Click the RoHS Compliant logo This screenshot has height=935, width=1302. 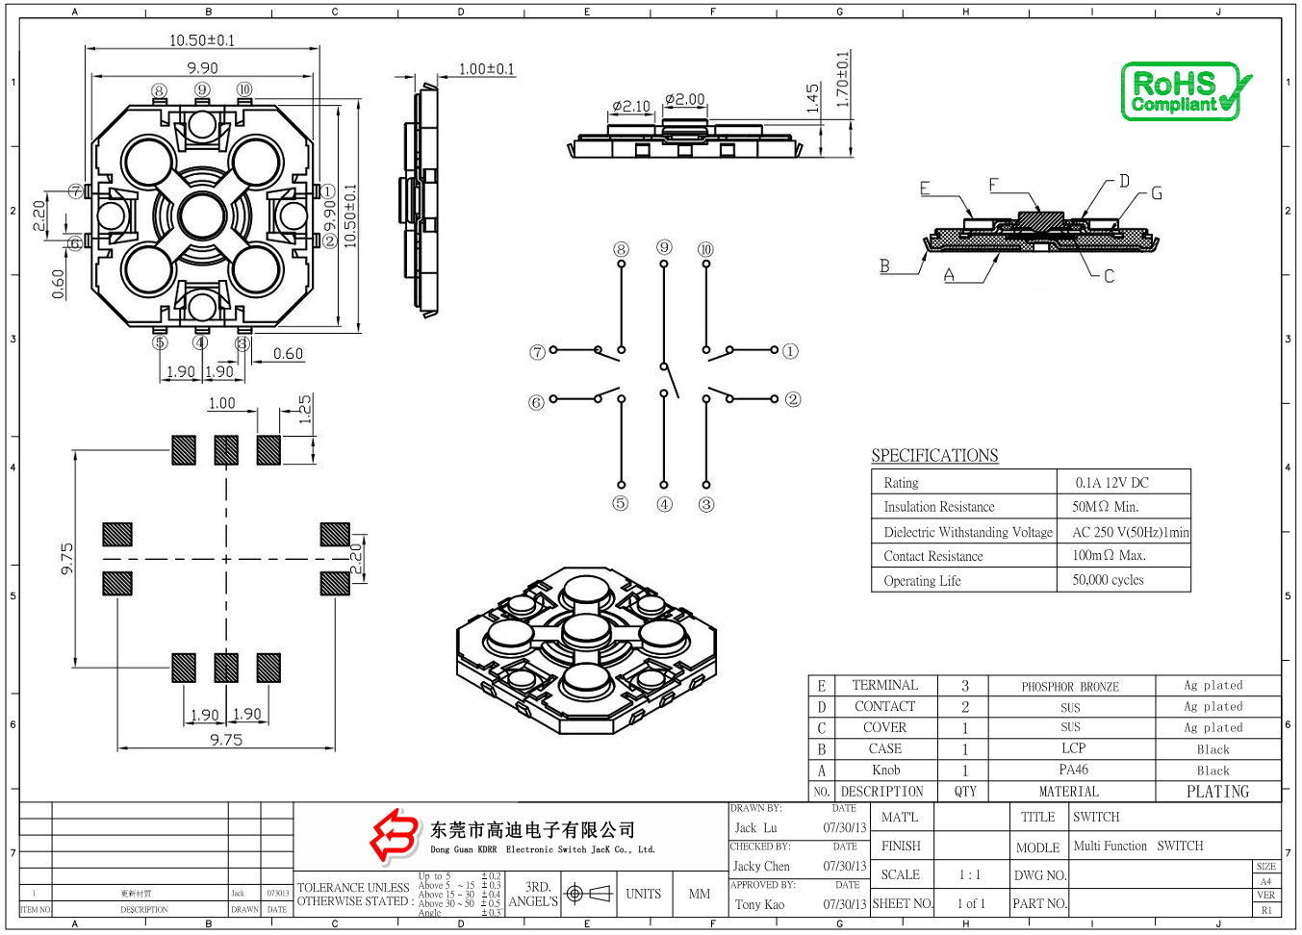pyautogui.click(x=1186, y=92)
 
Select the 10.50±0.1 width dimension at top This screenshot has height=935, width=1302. pyautogui.click(x=202, y=40)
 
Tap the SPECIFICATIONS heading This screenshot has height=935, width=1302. pyautogui.click(x=934, y=456)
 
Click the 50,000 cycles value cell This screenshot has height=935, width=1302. pyautogui.click(x=1108, y=581)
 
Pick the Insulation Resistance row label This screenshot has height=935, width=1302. pyautogui.click(x=938, y=507)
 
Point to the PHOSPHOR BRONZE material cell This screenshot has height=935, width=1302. pyautogui.click(x=1070, y=687)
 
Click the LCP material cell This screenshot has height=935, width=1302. pyautogui.click(x=1073, y=748)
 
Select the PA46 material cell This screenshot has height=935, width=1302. pyautogui.click(x=1073, y=770)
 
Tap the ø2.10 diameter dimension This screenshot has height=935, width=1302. pyautogui.click(x=631, y=106)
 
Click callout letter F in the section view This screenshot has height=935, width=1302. pyautogui.click(x=994, y=184)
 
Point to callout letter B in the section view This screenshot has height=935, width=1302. pyautogui.click(x=884, y=265)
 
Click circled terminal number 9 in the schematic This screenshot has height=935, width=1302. pyautogui.click(x=664, y=248)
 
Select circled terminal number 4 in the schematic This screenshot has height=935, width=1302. pyautogui.click(x=664, y=504)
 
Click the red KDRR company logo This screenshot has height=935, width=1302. pyautogui.click(x=395, y=835)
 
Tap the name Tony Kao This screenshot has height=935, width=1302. pyautogui.click(x=759, y=904)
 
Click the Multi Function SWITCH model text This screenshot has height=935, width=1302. pyautogui.click(x=1137, y=847)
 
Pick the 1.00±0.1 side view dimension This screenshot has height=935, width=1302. pyautogui.click(x=486, y=69)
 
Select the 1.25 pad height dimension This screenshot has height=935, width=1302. pyautogui.click(x=305, y=409)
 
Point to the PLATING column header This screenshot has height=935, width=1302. pyautogui.click(x=1217, y=792)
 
